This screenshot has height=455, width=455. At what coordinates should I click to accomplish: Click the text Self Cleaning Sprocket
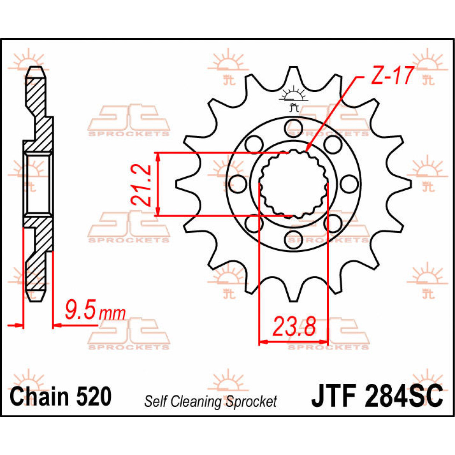click(x=210, y=401)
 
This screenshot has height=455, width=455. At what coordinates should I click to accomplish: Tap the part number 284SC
click(x=403, y=396)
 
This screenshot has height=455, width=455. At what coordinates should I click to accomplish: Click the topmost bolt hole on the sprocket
click(x=293, y=125)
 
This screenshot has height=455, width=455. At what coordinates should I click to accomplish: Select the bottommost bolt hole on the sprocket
click(x=293, y=238)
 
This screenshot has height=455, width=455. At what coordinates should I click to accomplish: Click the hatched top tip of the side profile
click(x=36, y=74)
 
